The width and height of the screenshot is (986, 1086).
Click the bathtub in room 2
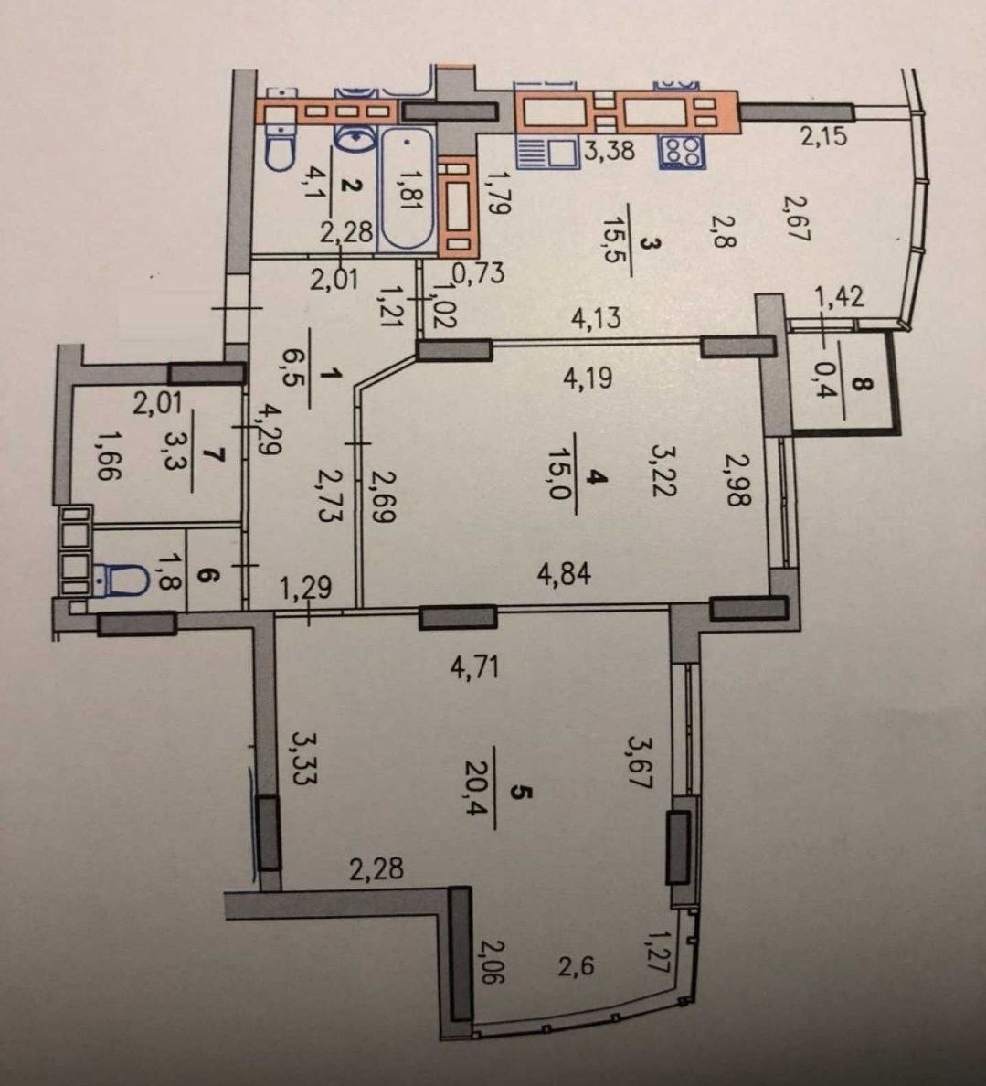pyautogui.click(x=408, y=189)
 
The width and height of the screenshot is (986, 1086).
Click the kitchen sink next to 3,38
pyautogui.click(x=548, y=152)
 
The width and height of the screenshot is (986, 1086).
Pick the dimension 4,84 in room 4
pyautogui.click(x=565, y=574)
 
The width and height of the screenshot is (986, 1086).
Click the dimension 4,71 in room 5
pyautogui.click(x=474, y=667)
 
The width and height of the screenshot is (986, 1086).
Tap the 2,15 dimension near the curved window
pyautogui.click(x=823, y=135)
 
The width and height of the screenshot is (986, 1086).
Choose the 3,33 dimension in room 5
pyautogui.click(x=302, y=758)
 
